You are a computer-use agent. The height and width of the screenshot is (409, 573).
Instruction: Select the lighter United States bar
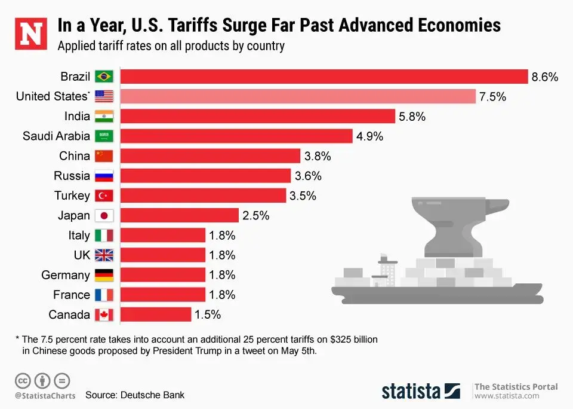pyautogui.click(x=298, y=96)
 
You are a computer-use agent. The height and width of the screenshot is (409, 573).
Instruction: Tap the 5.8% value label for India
pyautogui.click(x=412, y=117)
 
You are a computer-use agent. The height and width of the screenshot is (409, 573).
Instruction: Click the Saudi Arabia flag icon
pyautogui.click(x=104, y=136)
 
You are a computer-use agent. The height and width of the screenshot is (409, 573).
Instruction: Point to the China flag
pyautogui.click(x=104, y=156)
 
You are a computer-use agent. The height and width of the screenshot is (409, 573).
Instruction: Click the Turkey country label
pyautogui.click(x=72, y=196)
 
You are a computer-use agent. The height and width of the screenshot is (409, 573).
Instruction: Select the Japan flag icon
pyautogui.click(x=104, y=215)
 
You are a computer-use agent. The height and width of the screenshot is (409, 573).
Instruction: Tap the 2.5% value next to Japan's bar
pyautogui.click(x=256, y=215)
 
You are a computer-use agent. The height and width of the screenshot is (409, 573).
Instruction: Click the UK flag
pyautogui.click(x=104, y=255)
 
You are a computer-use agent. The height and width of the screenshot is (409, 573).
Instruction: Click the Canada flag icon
pyautogui.click(x=104, y=315)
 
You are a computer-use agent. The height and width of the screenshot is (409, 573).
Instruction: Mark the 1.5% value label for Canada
pyautogui.click(x=208, y=315)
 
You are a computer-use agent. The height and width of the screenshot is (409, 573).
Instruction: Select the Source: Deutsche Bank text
pyautogui.click(x=135, y=395)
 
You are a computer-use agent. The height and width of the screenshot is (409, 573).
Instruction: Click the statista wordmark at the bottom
pyautogui.click(x=411, y=390)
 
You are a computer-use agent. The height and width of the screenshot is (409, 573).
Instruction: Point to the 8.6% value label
pyautogui.click(x=545, y=77)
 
